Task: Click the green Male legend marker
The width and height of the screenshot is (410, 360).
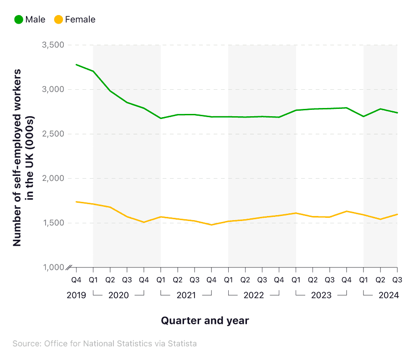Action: pyautogui.click(x=19, y=20)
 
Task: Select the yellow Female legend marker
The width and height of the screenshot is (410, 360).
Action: pyautogui.click(x=58, y=20)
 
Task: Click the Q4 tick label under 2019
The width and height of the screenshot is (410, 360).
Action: pyautogui.click(x=76, y=279)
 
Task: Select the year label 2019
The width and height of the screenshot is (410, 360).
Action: pyautogui.click(x=76, y=295)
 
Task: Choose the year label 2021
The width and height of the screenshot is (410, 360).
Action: pyautogui.click(x=186, y=295)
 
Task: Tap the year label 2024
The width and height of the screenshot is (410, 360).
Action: pyautogui.click(x=389, y=295)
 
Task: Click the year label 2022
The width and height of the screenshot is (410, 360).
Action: pyautogui.click(x=254, y=295)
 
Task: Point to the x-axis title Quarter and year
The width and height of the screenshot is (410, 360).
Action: pyautogui.click(x=205, y=321)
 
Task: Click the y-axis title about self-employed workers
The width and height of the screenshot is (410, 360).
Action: pyautogui.click(x=23, y=158)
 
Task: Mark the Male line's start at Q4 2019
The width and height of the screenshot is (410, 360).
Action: pyautogui.click(x=76, y=65)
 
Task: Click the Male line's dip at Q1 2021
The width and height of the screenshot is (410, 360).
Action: pyautogui.click(x=161, y=118)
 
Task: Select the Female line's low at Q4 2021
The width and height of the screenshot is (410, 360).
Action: pyautogui.click(x=211, y=225)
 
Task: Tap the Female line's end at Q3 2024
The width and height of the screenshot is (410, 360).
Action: pyautogui.click(x=397, y=214)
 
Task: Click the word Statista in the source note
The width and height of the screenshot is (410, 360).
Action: pyautogui.click(x=182, y=344)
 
